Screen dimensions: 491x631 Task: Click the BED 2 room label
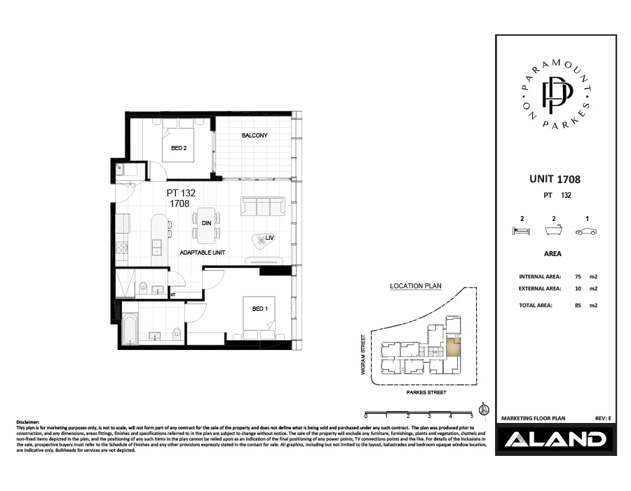[x=179, y=148]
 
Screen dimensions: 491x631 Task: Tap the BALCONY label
[x=255, y=135]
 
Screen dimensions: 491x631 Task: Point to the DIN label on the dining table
[x=207, y=223]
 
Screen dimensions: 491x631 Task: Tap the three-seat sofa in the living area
[x=262, y=206]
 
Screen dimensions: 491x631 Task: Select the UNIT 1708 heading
[x=554, y=180]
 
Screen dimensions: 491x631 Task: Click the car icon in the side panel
[x=585, y=232]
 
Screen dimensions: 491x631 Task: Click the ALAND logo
[x=554, y=440]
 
